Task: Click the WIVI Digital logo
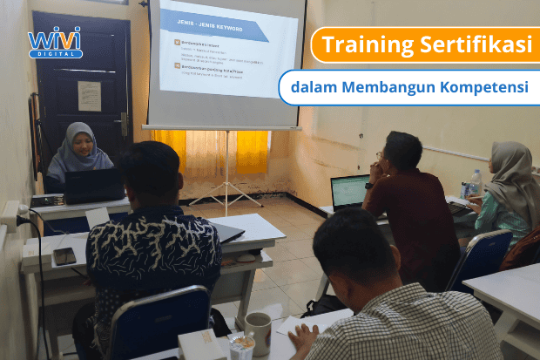click(55, 41)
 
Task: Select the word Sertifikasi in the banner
click(470, 45)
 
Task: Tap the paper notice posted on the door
click(89, 95)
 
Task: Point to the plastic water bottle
click(476, 182)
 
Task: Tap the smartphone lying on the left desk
click(64, 256)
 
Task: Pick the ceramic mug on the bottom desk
click(258, 332)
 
